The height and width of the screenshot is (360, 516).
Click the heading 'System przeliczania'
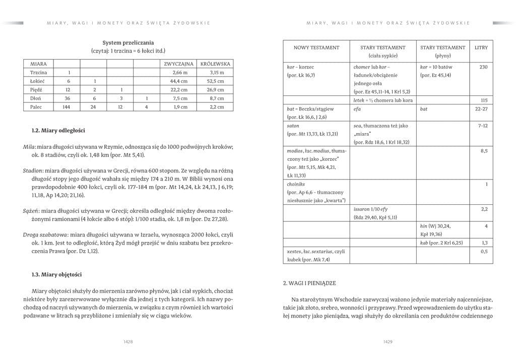click(128, 43)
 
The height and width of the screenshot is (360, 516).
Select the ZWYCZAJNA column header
click(179, 64)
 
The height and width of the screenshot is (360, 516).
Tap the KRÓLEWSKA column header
click(215, 64)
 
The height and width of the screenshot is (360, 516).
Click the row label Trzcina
click(38, 73)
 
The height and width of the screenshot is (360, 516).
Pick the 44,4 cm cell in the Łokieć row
click(179, 81)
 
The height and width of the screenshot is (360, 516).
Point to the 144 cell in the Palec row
click(69, 107)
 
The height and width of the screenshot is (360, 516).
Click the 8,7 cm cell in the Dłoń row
click(216, 98)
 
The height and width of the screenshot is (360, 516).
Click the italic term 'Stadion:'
click(33, 171)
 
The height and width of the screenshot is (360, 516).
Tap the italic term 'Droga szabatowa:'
click(45, 234)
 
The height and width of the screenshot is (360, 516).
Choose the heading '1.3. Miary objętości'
click(56, 274)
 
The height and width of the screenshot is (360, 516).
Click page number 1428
click(128, 341)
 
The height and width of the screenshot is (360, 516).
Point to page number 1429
click(388, 341)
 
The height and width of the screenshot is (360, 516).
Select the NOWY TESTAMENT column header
click(316, 47)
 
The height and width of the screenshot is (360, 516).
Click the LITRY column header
click(481, 47)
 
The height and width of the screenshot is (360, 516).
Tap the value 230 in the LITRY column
click(484, 67)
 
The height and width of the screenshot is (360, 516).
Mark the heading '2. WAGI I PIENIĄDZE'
click(309, 283)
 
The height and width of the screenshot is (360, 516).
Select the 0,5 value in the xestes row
click(484, 251)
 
